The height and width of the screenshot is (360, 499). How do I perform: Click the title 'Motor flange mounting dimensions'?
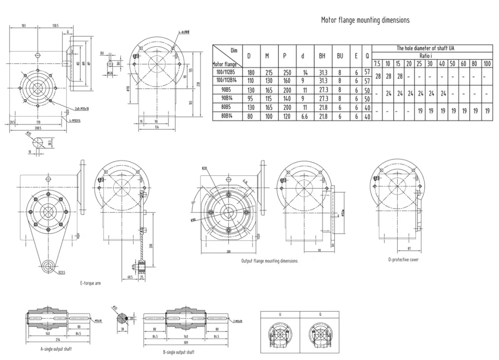365,20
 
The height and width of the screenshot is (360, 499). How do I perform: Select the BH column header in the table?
322,56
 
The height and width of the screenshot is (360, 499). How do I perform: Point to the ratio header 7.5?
377,64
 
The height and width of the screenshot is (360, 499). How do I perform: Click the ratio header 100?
487,64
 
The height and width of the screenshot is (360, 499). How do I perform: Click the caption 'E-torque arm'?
91,283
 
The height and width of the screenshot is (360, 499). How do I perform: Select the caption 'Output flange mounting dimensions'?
269,261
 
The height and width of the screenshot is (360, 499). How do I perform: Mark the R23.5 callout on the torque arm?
62,273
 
